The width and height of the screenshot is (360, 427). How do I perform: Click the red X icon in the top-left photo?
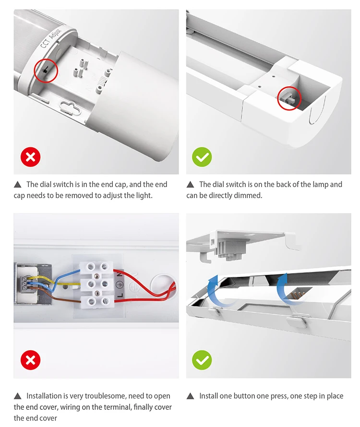point(31,157)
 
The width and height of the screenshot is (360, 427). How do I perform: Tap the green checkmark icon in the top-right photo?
point(202,157)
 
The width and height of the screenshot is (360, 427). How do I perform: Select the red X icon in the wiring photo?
point(31,360)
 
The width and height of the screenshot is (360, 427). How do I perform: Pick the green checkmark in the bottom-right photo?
point(202,360)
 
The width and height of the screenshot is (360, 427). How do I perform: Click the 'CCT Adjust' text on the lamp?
point(51,38)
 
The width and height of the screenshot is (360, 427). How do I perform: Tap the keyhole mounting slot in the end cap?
point(70,108)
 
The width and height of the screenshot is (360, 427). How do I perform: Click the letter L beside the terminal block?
point(120,295)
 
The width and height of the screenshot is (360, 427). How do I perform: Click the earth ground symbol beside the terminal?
point(120,285)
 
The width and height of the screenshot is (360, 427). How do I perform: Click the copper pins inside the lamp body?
point(298,295)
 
